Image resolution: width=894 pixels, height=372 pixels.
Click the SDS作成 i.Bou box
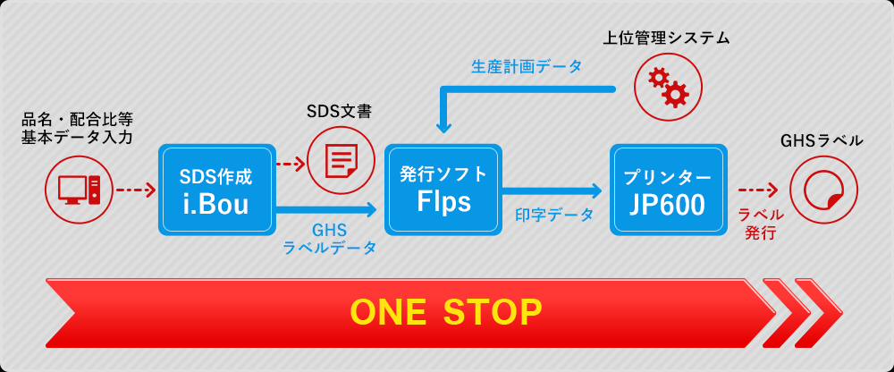point(217,190)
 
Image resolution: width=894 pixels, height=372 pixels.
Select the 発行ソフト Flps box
point(443,190)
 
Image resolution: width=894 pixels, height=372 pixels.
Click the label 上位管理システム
point(666,38)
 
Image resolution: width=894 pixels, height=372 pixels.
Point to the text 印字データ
point(554,215)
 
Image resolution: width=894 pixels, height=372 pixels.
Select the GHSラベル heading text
point(822,140)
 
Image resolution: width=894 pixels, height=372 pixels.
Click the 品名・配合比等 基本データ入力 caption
point(78,128)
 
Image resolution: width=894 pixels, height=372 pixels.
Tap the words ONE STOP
point(446,312)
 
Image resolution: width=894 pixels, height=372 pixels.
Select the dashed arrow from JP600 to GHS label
point(759,190)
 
